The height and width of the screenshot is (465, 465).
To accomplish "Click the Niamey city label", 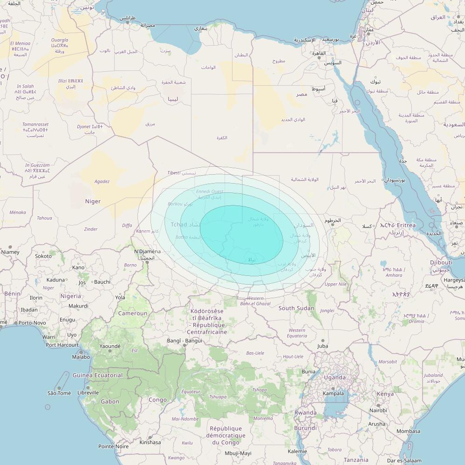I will coord(10,252).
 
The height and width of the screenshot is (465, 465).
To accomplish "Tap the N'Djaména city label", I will coord(147,252).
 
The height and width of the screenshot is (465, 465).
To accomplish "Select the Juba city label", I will coord(322,346).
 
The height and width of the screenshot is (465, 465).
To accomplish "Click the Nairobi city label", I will coord(378,410).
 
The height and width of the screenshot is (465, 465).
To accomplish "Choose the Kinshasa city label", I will coord(150,442).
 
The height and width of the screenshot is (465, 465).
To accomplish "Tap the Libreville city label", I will coord(88,393).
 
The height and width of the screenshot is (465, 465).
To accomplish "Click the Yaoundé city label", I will coord(109,346).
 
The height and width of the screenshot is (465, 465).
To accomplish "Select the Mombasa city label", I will coord(408,431).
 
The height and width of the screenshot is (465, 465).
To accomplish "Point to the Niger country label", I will coord(93,201).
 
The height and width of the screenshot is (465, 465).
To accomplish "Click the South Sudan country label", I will coord(296,308).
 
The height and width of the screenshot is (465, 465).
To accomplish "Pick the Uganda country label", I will coord(335,377).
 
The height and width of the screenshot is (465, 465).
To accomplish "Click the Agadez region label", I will coord(102,181).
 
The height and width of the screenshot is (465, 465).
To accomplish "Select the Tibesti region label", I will coord(174,173).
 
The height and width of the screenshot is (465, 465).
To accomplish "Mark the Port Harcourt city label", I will coord(62,345).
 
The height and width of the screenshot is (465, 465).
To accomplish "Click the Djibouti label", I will coord(441,263).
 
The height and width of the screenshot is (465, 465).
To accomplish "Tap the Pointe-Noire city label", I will coord(113,446).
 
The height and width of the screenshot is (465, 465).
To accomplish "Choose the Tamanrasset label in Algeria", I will coord(35,124).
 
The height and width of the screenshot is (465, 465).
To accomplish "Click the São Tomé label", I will coord(59,393).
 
